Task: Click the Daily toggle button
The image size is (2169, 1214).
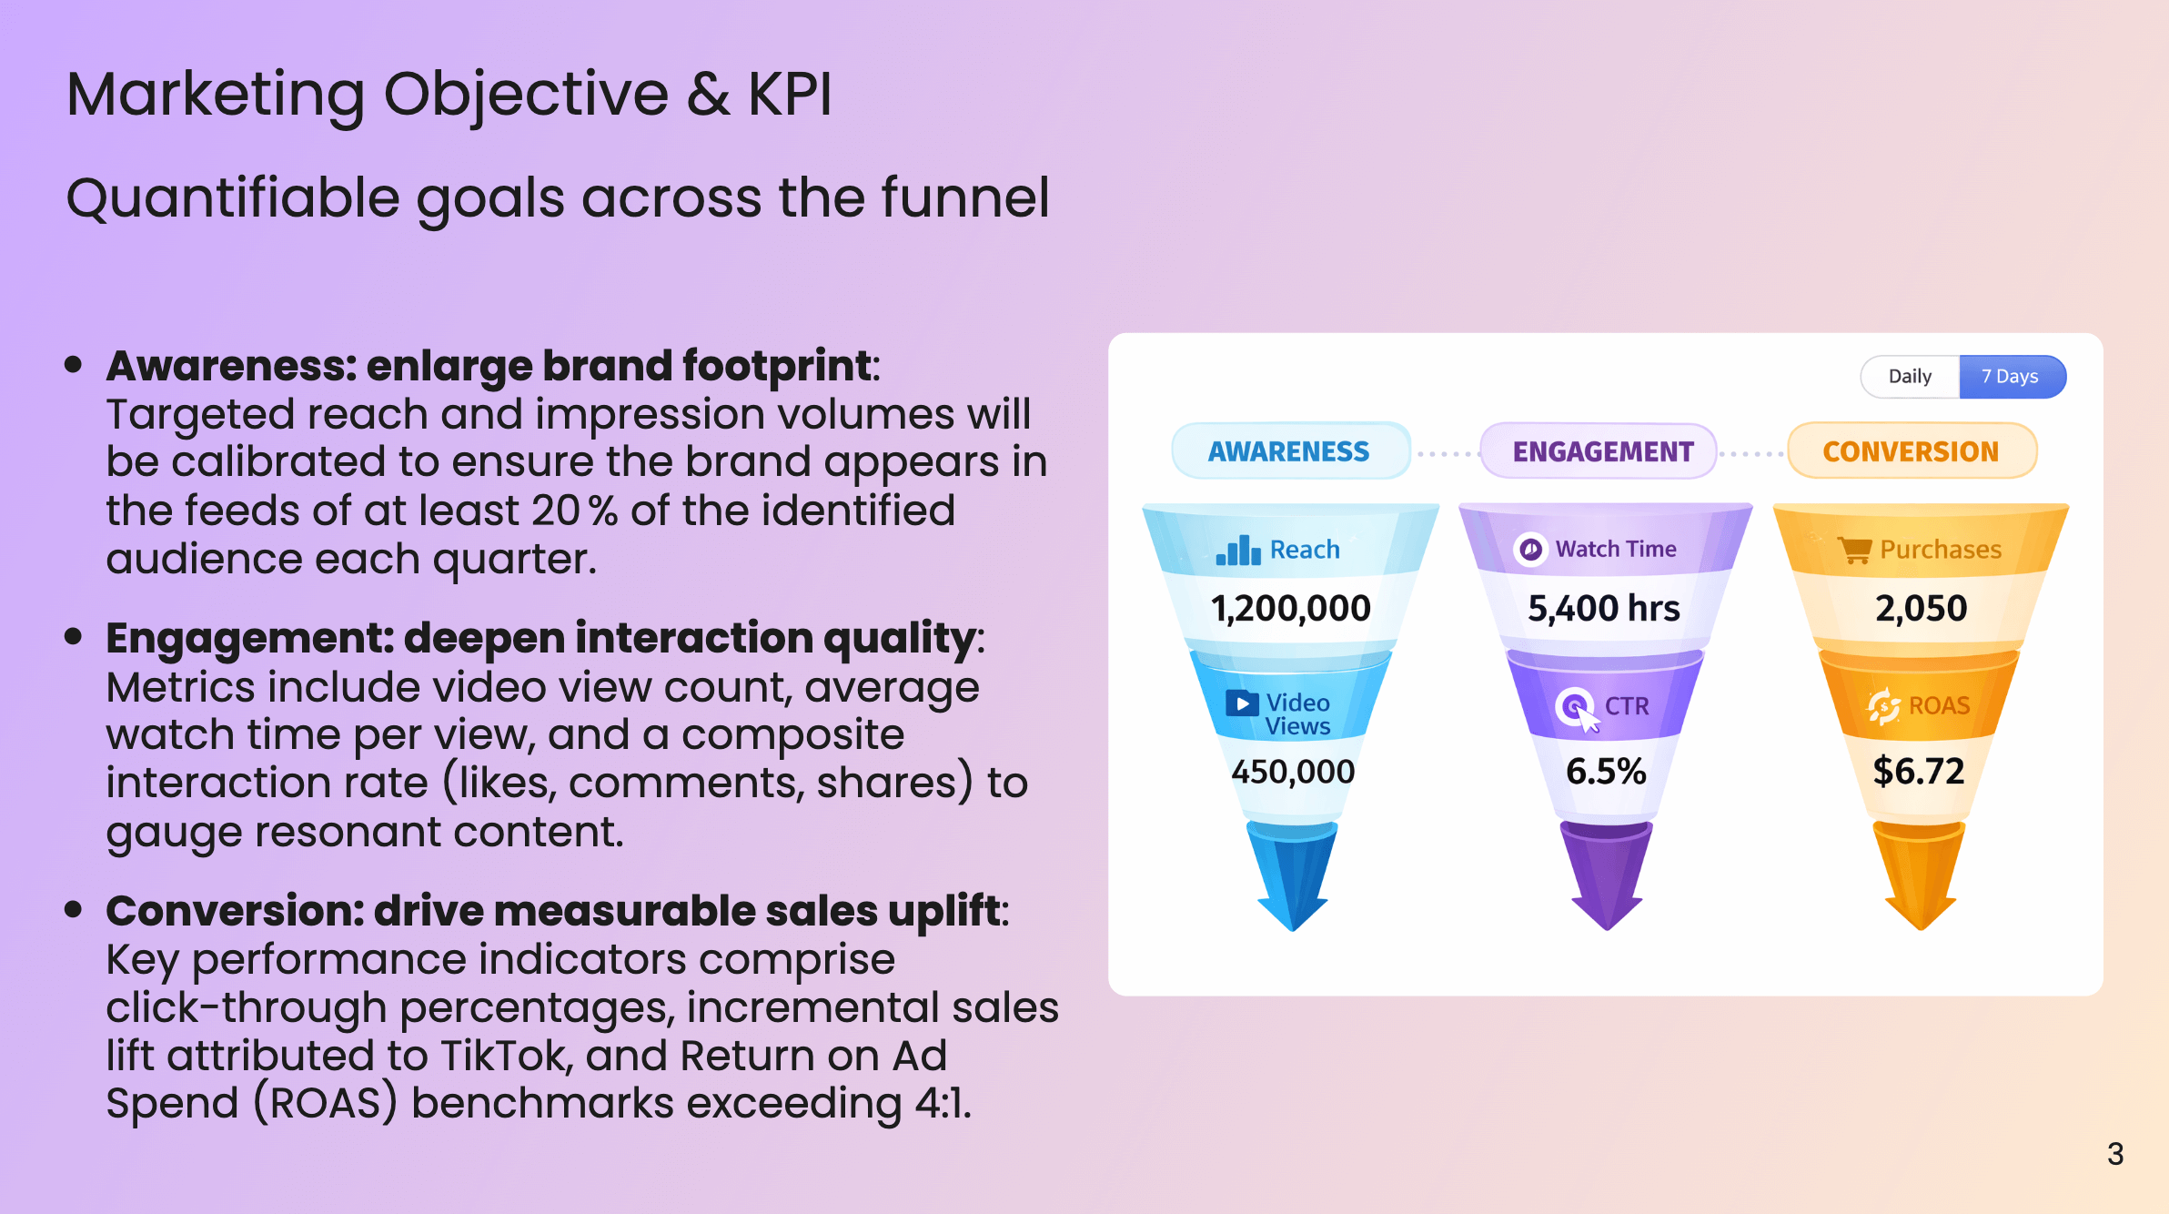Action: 1910,377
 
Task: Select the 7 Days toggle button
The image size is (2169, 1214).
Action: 2011,377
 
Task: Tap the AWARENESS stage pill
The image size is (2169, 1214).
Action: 1288,451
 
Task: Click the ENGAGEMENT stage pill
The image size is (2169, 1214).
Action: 1602,451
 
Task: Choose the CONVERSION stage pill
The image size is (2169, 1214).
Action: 1911,451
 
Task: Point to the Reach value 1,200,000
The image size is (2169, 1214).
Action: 1290,608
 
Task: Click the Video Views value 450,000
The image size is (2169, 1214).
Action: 1292,772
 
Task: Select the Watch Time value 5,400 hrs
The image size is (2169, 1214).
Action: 1603,608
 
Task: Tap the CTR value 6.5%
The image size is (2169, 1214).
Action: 1605,772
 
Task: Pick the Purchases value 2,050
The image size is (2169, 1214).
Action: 1921,608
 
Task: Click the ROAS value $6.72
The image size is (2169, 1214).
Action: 1918,772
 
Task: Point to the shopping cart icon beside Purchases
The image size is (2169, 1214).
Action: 1854,550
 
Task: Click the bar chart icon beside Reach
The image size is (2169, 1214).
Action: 1238,551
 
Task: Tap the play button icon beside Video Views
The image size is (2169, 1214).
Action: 1242,703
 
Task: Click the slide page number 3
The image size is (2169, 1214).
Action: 2115,1154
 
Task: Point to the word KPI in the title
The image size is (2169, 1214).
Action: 789,94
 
